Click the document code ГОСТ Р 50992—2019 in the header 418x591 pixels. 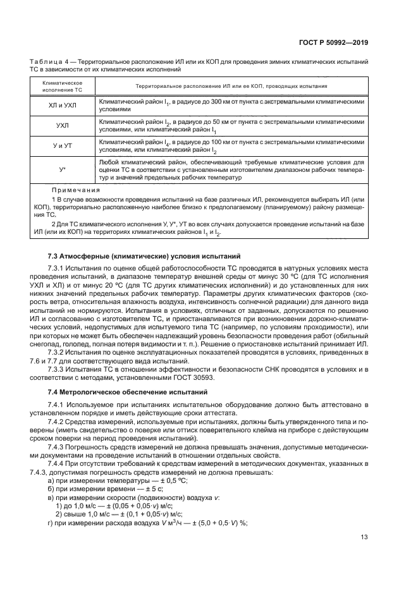pos(334,43)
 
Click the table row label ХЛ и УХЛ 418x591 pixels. pos(62,105)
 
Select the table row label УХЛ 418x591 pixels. pos(62,126)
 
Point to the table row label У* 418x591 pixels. pos(62,170)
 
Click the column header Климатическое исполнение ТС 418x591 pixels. pos(62,86)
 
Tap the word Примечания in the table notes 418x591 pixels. pos(76,189)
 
